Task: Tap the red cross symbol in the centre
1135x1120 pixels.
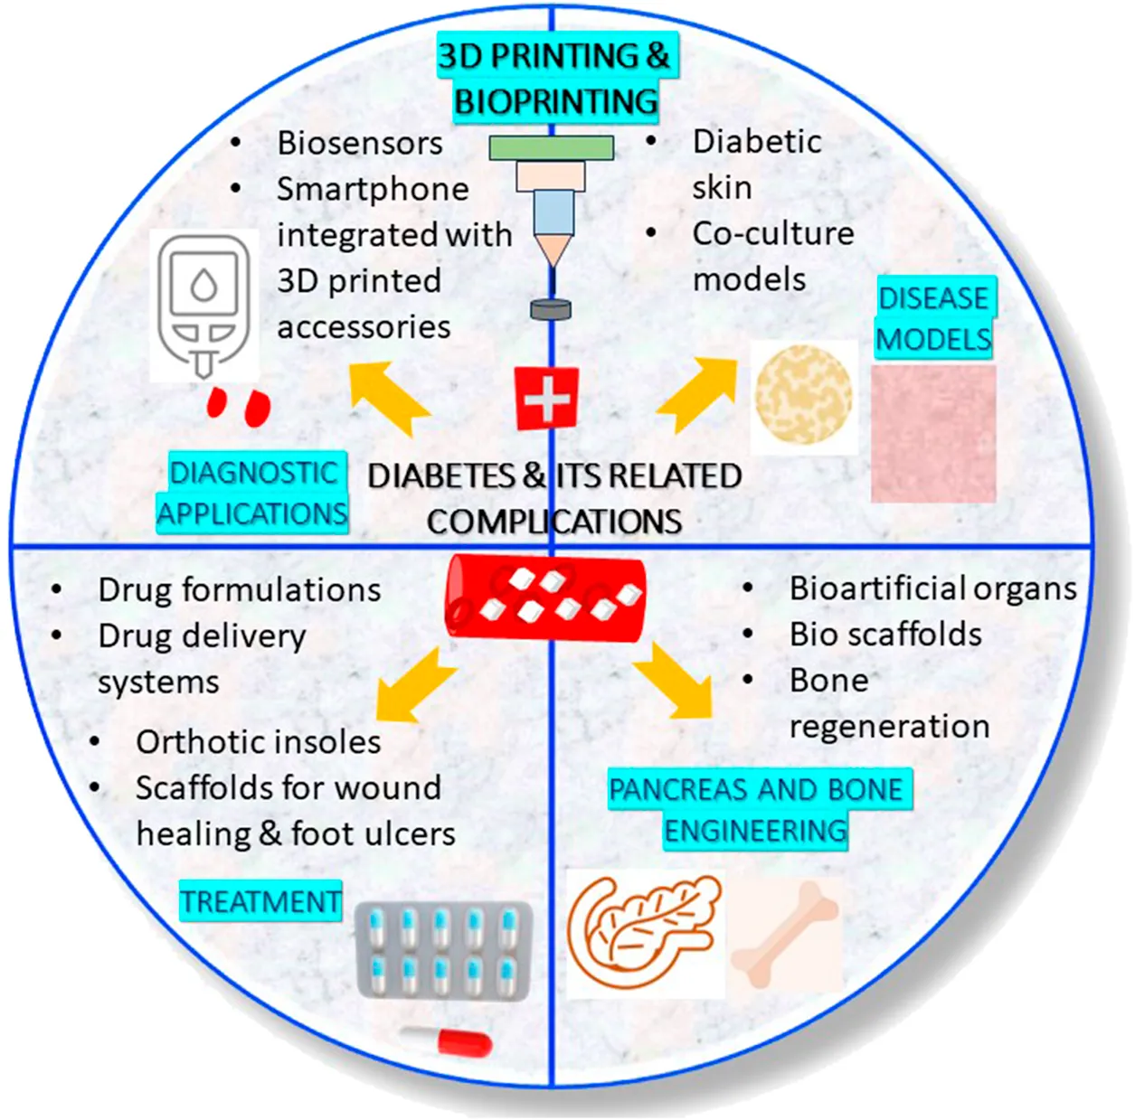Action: (546, 398)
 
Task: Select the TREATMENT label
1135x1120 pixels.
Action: (260, 901)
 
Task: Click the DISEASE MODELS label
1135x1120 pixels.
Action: (934, 318)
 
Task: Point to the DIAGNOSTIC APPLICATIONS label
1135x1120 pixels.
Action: (253, 493)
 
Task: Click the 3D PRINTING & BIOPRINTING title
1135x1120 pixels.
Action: (555, 78)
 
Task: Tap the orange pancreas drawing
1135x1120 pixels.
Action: (643, 931)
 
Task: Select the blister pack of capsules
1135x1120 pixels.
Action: (443, 950)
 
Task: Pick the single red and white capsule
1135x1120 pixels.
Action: (449, 1040)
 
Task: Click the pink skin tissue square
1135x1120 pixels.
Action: (933, 433)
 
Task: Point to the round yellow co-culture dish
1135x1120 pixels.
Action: (803, 399)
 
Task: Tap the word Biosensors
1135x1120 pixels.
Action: (360, 143)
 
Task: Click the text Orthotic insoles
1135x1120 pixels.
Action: (259, 742)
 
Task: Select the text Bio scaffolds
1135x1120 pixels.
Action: (885, 635)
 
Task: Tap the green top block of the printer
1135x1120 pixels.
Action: (552, 147)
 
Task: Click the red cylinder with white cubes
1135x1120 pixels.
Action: (546, 597)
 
